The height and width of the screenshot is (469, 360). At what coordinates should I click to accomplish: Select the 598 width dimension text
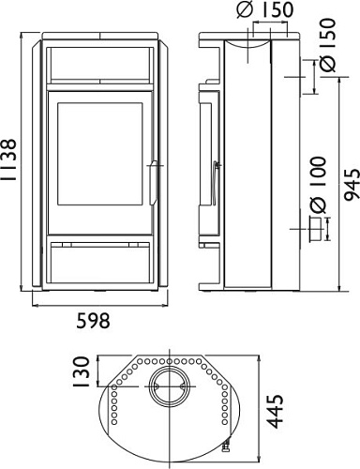[93, 320]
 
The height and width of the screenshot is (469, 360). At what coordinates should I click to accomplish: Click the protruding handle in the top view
[226, 439]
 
